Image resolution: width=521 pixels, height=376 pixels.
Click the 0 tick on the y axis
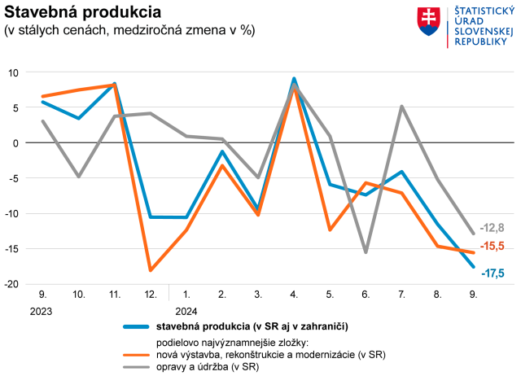15,143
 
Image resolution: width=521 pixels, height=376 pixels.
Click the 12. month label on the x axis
151,294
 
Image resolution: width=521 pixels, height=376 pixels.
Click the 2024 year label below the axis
186,310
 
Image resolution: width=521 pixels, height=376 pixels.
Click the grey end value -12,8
492,227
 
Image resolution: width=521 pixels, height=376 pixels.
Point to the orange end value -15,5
492,246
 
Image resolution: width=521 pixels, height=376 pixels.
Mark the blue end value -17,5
492,273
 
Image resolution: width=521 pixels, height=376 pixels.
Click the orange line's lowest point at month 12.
151,270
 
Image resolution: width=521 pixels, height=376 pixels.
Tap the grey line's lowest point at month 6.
366,252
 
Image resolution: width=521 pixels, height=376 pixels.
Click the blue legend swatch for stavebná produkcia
138,326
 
